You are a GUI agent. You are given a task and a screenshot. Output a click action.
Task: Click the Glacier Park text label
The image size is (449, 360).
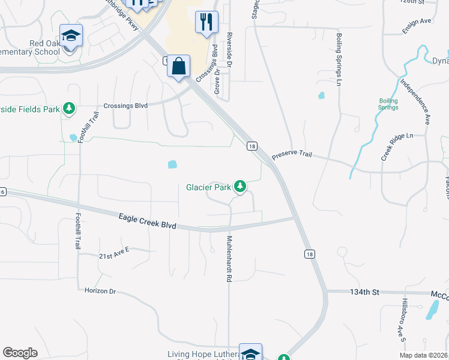[209, 187]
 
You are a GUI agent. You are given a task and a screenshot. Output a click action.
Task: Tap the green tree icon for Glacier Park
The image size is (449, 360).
[240, 187]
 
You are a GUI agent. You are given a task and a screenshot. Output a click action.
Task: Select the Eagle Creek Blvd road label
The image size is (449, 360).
[147, 221]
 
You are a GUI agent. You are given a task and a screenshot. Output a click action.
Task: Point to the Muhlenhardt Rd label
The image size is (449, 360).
[229, 259]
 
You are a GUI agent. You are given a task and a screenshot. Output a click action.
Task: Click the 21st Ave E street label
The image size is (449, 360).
[114, 256]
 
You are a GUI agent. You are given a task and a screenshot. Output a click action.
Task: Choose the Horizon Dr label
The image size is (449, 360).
[100, 290]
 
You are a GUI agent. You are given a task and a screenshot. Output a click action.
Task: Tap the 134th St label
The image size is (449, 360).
[365, 292]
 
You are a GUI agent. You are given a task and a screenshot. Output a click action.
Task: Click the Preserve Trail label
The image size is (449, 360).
[292, 154]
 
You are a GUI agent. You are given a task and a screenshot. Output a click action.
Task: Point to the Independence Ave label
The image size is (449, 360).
[415, 103]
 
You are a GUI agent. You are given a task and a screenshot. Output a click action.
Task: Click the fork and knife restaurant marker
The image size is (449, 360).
[206, 22]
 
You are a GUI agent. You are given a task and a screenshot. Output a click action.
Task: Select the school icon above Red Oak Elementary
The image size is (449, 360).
[71, 35]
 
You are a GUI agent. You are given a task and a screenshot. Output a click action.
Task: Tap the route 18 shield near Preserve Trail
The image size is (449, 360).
[252, 146]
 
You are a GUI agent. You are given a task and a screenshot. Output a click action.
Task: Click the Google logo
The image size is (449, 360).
[20, 353]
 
